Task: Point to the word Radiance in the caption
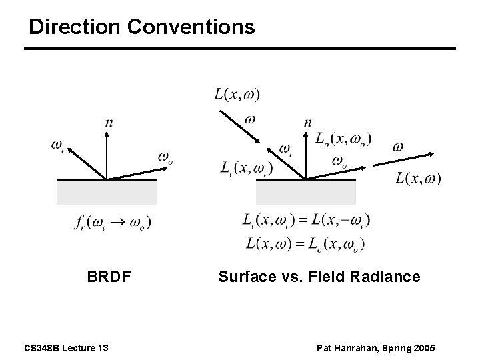click(391, 276)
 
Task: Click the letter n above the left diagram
click(109, 122)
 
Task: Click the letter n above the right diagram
click(307, 122)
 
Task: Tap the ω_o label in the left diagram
click(165, 157)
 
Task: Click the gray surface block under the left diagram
click(107, 192)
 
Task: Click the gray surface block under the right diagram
click(305, 192)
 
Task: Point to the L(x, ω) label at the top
click(237, 94)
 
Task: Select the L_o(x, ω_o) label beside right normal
click(343, 139)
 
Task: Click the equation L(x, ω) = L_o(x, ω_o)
click(305, 243)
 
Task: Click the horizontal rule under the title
click(240, 48)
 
